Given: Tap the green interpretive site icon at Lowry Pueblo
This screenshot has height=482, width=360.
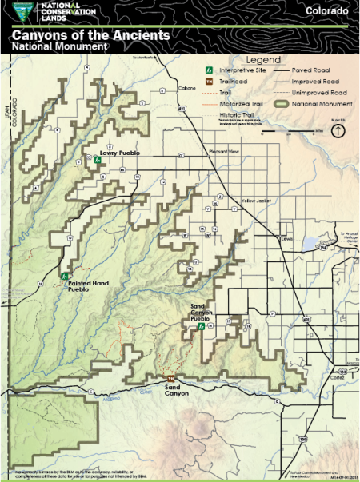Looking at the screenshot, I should [x=97, y=160].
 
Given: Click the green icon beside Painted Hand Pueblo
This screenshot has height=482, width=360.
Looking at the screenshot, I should [x=64, y=275].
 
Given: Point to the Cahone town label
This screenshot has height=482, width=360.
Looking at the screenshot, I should [x=188, y=89].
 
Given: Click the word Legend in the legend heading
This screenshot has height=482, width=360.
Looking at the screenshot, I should [x=262, y=60].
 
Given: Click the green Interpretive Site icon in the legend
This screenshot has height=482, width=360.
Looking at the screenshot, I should [x=209, y=70].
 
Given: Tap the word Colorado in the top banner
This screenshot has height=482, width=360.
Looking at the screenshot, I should [x=326, y=12].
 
